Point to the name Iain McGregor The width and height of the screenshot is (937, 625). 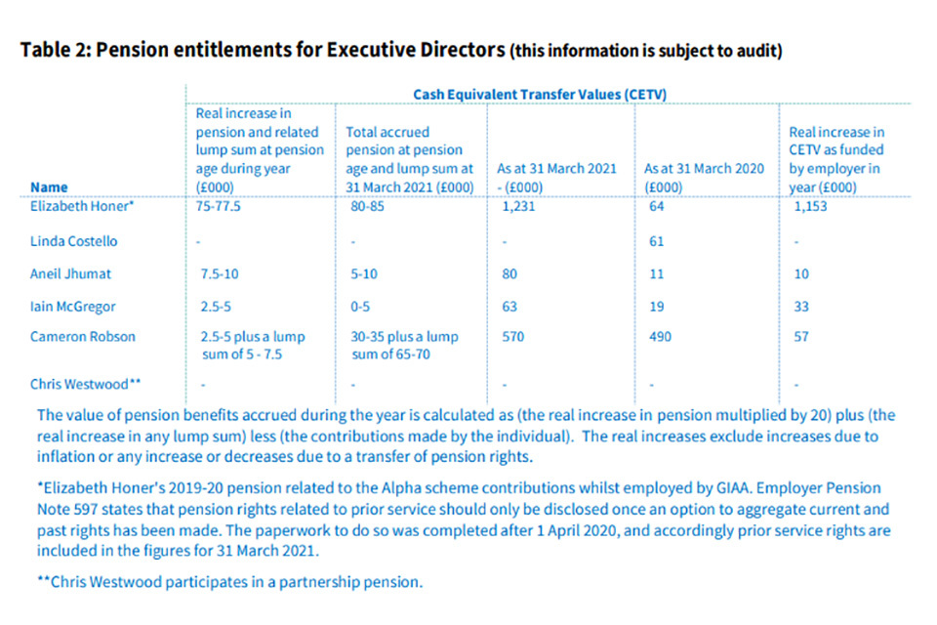point(73,307)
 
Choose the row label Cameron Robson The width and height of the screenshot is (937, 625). point(83,337)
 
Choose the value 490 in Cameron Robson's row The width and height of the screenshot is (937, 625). point(657,337)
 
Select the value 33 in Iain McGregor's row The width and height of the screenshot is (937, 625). point(800,307)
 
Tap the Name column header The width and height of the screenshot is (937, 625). point(49,186)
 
